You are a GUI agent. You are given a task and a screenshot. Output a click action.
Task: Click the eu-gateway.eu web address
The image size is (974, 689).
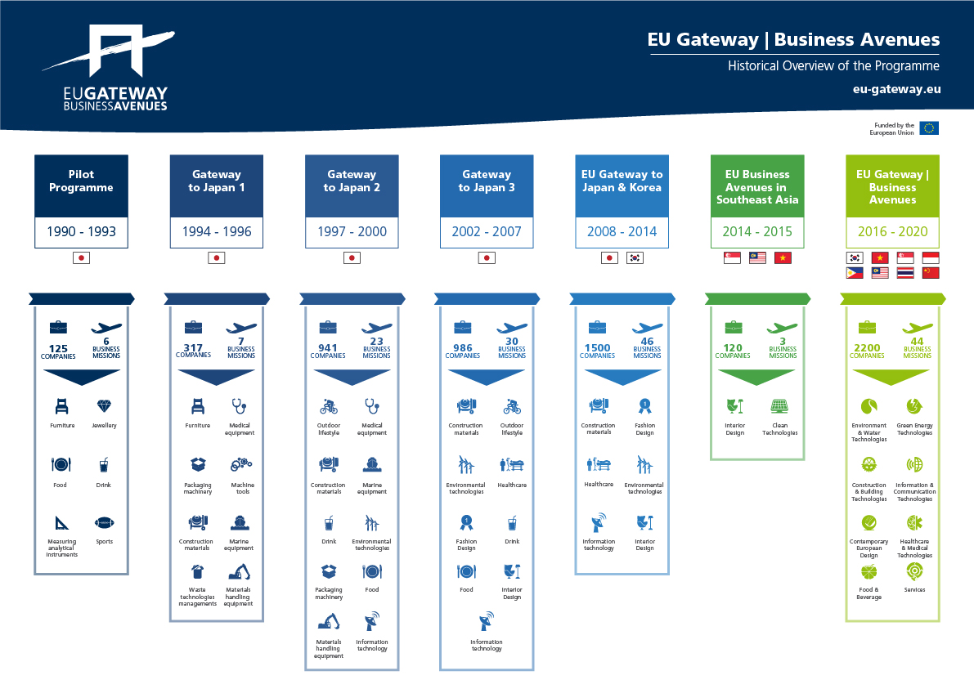coord(896,89)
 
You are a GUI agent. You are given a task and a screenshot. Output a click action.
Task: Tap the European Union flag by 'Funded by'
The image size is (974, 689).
coord(929,128)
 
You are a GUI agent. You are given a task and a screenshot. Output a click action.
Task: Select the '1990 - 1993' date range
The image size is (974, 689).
coord(82,231)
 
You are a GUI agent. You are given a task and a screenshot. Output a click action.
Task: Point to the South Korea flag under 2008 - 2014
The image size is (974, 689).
coord(635,257)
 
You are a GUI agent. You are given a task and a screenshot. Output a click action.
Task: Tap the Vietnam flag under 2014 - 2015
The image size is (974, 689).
coord(783,257)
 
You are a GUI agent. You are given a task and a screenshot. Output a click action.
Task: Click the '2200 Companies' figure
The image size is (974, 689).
coord(867,351)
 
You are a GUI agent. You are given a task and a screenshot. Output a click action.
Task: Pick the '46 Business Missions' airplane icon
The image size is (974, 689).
coord(647,328)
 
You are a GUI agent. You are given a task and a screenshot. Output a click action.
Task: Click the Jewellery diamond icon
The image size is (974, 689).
coord(104,406)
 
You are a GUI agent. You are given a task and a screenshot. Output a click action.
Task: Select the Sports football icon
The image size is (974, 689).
coord(105,523)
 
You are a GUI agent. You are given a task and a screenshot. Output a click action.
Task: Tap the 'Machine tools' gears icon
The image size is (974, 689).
coord(241,464)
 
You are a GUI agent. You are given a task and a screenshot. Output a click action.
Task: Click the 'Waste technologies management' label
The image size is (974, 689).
coord(198,597)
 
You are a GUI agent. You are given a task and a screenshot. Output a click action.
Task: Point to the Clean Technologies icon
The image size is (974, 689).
coord(779,406)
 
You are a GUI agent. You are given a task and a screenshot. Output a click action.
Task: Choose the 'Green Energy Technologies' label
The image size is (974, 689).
coord(914,429)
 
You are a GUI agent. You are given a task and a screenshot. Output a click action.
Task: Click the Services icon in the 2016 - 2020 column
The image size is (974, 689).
coord(914,571)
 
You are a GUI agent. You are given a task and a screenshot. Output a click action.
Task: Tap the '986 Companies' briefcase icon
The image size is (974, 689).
coord(462,327)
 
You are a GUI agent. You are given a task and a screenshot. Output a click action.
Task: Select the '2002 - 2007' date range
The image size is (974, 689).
coord(487,231)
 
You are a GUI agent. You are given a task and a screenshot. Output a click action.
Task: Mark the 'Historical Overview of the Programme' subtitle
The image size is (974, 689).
coord(833,66)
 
